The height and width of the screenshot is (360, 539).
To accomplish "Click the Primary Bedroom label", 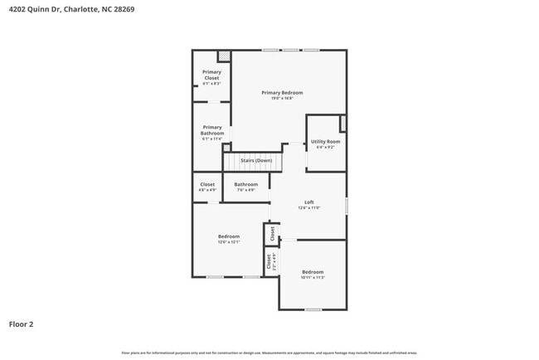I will (x=282, y=92).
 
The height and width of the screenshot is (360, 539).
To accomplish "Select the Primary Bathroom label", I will (x=211, y=130).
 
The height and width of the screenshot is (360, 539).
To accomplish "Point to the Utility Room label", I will (x=325, y=142).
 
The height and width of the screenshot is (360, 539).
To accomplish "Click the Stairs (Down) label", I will (x=256, y=160).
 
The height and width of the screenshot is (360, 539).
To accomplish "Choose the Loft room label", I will (x=308, y=202).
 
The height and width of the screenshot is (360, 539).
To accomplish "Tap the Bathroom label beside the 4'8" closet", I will (x=245, y=184).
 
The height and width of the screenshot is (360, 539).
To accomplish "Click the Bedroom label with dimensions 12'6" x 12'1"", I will (x=229, y=236).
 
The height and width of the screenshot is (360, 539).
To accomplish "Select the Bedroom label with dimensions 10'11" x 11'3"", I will (x=313, y=272).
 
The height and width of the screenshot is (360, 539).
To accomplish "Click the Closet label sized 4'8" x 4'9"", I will (x=207, y=184).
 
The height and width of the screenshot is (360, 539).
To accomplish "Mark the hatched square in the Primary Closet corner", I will (x=223, y=56).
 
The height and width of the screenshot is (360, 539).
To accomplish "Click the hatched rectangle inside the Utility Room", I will (x=342, y=124).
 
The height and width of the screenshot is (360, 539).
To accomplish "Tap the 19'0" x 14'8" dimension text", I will (x=282, y=99).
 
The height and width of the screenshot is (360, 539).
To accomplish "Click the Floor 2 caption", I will (x=21, y=324).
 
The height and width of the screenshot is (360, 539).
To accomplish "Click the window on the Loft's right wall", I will (x=347, y=205).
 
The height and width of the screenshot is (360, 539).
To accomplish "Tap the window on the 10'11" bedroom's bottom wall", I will (x=313, y=309).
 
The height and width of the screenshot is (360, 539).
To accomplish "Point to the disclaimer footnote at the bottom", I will (x=269, y=353).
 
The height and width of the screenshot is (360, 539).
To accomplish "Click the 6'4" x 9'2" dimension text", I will (x=325, y=148).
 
